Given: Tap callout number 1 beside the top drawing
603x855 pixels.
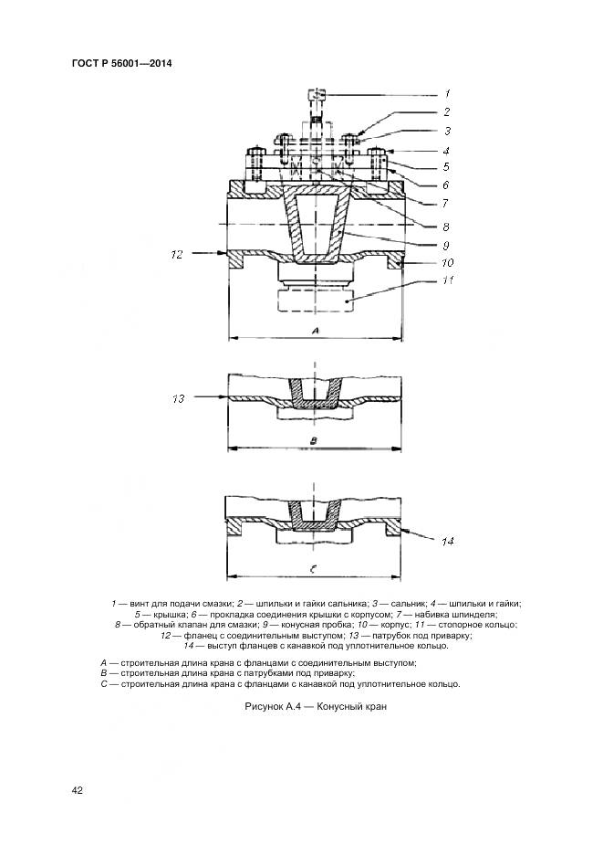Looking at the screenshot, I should click(447, 93).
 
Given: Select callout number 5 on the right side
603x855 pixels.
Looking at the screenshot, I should click(447, 167).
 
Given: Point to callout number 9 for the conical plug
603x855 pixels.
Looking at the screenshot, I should click(447, 245).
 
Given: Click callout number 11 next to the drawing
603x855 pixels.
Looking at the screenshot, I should click(447, 280).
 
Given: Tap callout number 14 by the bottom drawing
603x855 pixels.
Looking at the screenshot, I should click(447, 542).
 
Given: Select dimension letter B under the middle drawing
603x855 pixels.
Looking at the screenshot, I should click(314, 440).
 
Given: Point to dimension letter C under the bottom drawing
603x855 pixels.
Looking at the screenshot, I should click(314, 569).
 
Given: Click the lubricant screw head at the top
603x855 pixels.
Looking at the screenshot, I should click(317, 94).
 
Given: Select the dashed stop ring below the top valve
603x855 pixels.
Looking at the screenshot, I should click(316, 301).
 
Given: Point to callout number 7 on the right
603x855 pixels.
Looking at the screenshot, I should click(447, 203).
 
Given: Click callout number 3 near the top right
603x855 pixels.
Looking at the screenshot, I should click(447, 131).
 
